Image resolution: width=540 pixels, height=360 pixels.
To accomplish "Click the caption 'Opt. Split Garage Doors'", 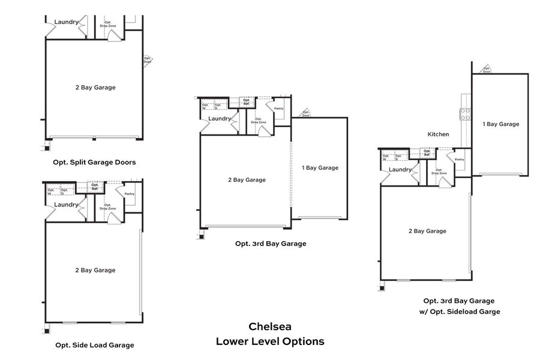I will coord(94,163).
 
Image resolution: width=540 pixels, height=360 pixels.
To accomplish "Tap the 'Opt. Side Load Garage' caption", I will coord(94,345).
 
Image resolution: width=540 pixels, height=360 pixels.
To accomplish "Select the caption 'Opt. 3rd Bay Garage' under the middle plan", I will coord(271,244).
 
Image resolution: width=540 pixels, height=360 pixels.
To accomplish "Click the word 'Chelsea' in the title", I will coord(270,327).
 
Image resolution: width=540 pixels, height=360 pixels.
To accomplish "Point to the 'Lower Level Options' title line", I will coord(270,341).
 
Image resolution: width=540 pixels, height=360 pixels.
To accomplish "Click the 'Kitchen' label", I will coord(438,134).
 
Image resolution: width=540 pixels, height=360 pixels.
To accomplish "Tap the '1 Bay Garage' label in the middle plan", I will coord(320,168).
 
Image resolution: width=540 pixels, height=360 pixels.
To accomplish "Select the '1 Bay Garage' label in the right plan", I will coord(501,124).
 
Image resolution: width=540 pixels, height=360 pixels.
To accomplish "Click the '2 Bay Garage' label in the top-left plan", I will coord(95,88).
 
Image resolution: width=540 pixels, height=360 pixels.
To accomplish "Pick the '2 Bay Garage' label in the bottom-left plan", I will coord(95,270).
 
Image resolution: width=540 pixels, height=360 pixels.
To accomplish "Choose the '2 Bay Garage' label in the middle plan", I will coord(247,179).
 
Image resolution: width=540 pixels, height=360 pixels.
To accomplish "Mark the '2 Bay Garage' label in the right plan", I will coord(427,231).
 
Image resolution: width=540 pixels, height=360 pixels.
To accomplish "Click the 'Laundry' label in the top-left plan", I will coord(67,22).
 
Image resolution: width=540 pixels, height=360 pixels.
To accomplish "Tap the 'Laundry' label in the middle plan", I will coord(220,119).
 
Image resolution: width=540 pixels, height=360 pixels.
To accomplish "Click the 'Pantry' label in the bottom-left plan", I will coord(130,194).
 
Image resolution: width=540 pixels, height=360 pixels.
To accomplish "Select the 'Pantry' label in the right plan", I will coord(459,160).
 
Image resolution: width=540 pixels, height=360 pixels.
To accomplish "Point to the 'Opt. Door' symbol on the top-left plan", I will coord(148,60).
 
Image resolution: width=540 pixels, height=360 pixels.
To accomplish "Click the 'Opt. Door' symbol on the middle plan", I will coord(306,113).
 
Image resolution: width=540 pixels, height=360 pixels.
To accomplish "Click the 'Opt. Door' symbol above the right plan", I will coord(487,69).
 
